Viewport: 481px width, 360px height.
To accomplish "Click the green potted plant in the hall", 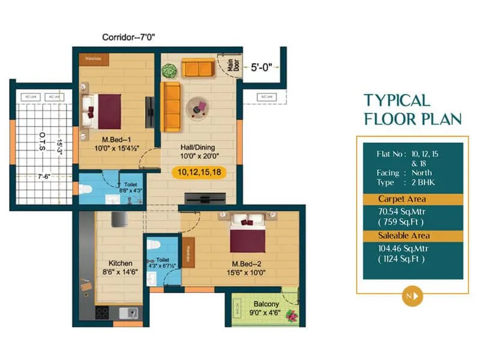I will click(169, 70).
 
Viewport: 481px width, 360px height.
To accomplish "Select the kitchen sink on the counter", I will click(127, 312).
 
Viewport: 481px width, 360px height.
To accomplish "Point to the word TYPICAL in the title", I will click(397, 100).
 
